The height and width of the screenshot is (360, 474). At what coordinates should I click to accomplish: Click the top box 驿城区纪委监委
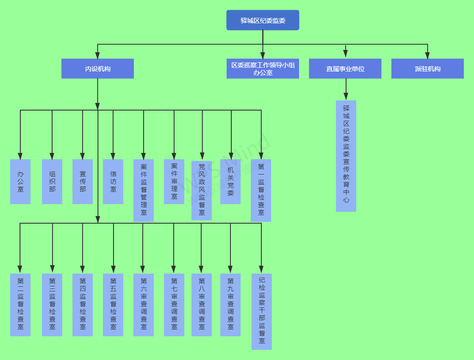[263, 20]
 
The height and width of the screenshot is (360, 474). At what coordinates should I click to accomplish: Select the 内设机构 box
[97, 69]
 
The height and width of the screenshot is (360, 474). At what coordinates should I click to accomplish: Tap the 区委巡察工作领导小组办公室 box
[263, 69]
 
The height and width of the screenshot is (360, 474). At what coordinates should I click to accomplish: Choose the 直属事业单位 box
[345, 69]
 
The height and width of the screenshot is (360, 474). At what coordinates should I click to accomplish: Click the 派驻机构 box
[427, 69]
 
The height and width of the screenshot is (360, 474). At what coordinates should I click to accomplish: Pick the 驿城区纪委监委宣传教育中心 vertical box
[346, 156]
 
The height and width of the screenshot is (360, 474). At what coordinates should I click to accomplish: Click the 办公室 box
[20, 182]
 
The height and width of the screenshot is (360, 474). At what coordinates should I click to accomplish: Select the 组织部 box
[52, 182]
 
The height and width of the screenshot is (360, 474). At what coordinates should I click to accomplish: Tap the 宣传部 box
[83, 182]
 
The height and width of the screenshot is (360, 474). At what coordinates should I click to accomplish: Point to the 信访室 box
[113, 182]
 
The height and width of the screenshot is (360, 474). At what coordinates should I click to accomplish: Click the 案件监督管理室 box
[144, 190]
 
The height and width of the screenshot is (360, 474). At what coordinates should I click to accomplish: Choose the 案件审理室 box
[174, 182]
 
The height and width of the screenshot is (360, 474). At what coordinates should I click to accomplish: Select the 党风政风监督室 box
[202, 190]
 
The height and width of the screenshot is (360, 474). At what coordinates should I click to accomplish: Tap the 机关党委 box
[230, 182]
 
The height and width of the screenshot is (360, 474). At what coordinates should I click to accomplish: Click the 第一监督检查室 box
[261, 190]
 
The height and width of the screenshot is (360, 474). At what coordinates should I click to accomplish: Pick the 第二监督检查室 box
[20, 305]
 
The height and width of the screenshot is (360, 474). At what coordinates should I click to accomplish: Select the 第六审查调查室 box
[144, 305]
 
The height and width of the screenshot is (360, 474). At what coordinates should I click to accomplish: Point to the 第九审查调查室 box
[230, 305]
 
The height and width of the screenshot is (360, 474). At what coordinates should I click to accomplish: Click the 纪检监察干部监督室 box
[262, 311]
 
